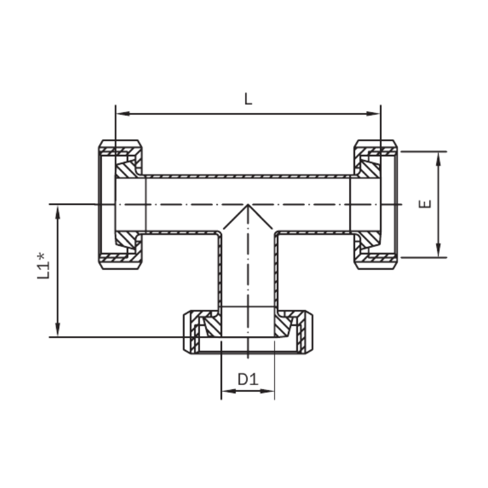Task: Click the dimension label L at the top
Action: (x=248, y=99)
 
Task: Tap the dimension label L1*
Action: (x=43, y=266)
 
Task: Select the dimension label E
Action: (x=425, y=204)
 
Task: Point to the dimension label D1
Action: (x=248, y=379)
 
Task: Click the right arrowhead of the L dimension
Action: (x=373, y=113)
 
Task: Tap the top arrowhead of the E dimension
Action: (x=439, y=159)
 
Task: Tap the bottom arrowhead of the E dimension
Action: (x=439, y=250)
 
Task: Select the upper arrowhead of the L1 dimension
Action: (x=57, y=212)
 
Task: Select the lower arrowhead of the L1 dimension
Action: (x=57, y=329)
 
